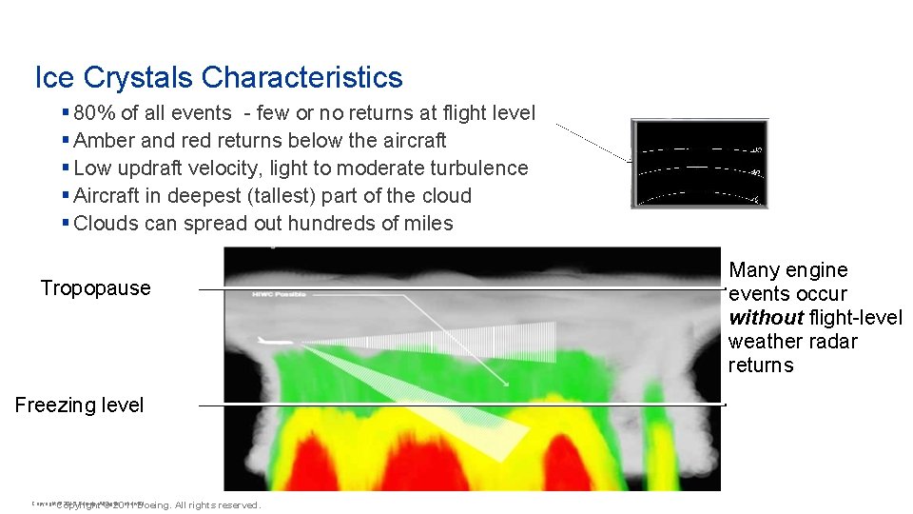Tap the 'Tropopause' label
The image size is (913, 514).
(x=95, y=288)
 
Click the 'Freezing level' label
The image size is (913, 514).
(x=79, y=405)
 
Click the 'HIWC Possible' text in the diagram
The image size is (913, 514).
(x=281, y=295)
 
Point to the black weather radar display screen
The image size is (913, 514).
(x=699, y=164)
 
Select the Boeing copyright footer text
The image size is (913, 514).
(x=157, y=504)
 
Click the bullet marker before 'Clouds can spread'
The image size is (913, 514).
(x=66, y=224)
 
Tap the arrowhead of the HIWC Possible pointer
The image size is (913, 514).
(x=506, y=384)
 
